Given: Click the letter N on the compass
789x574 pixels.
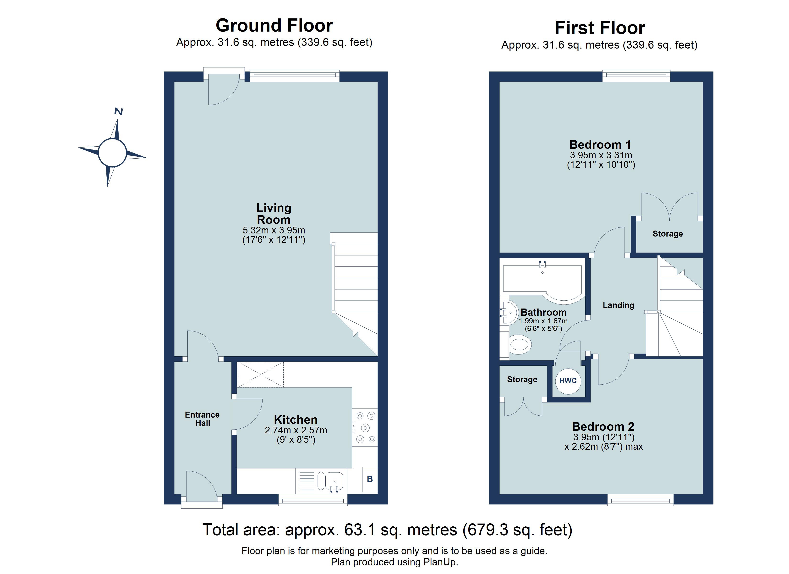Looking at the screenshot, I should pyautogui.click(x=118, y=112).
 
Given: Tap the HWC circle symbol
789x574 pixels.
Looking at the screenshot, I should pyautogui.click(x=568, y=381).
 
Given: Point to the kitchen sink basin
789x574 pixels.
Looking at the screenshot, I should pyautogui.click(x=334, y=481).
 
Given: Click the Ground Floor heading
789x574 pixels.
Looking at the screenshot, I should pyautogui.click(x=274, y=25).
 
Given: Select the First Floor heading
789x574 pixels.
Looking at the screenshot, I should pyautogui.click(x=599, y=28).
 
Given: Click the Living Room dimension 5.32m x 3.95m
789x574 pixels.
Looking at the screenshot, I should pyautogui.click(x=274, y=230).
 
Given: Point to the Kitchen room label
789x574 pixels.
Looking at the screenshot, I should pyautogui.click(x=296, y=419).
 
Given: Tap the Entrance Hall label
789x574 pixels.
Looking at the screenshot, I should pyautogui.click(x=202, y=419).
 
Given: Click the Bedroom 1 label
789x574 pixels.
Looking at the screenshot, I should pyautogui.click(x=600, y=144).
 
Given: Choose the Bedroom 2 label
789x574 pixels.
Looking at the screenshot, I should pyautogui.click(x=603, y=426).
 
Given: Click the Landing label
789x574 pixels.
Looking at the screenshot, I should pyautogui.click(x=618, y=305).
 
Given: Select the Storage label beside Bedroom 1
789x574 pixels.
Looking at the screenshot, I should pyautogui.click(x=667, y=234).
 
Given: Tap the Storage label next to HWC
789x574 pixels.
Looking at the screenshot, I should pyautogui.click(x=522, y=379).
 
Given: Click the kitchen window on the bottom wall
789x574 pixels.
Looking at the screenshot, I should pyautogui.click(x=313, y=501).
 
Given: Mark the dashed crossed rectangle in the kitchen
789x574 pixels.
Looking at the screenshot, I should pyautogui.click(x=260, y=375).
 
